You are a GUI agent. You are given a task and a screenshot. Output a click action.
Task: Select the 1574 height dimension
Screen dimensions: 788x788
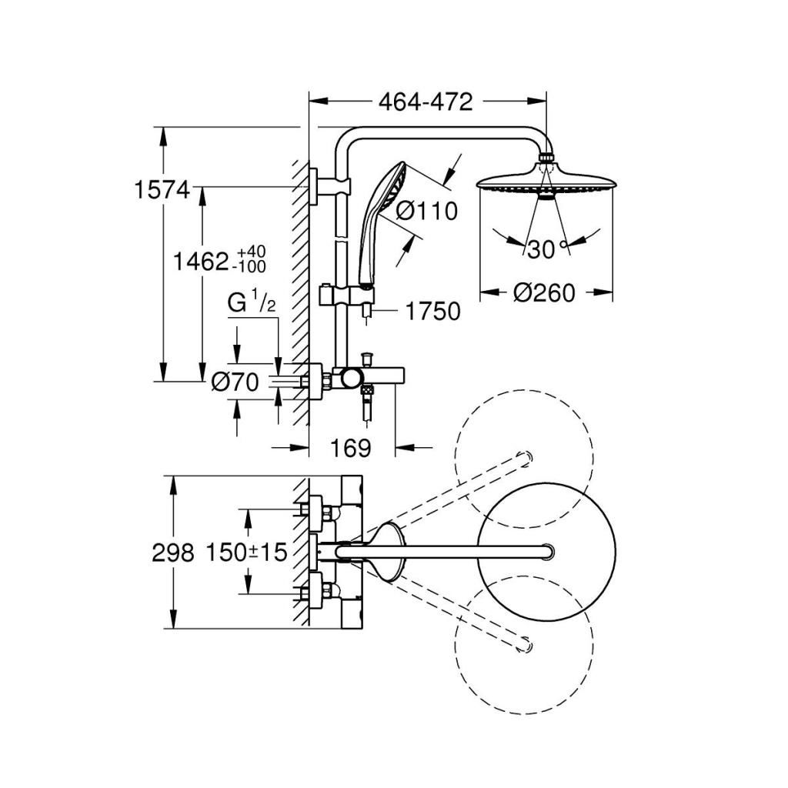(161, 189)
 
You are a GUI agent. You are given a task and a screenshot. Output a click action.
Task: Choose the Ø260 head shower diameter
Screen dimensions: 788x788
(545, 293)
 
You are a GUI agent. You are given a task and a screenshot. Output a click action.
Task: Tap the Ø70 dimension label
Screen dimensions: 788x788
(235, 382)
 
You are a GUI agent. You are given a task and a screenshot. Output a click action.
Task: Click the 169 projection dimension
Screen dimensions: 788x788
(351, 447)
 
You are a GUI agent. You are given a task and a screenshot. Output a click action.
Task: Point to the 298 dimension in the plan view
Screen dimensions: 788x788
(175, 552)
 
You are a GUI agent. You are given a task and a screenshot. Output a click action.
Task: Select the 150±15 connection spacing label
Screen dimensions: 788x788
(246, 552)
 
